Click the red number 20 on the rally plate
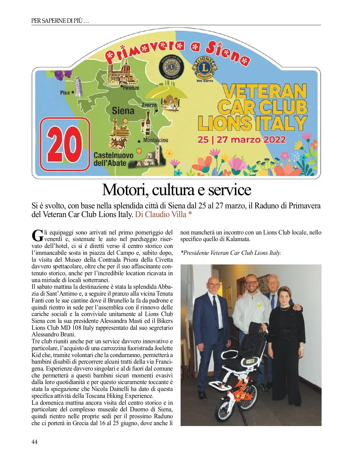coord(64,144)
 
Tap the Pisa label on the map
coord(64,93)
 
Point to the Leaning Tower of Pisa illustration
coord(78,87)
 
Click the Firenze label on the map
coord(131,88)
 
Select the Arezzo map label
coord(149,105)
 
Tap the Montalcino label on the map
coord(155,140)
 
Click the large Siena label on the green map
coord(123,111)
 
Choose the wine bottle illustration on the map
coord(148,124)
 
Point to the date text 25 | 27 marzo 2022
coord(241,140)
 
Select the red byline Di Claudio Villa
coord(161,214)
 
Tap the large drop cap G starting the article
coord(37,235)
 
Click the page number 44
coord(34,442)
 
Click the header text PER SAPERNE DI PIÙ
coord(60,21)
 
